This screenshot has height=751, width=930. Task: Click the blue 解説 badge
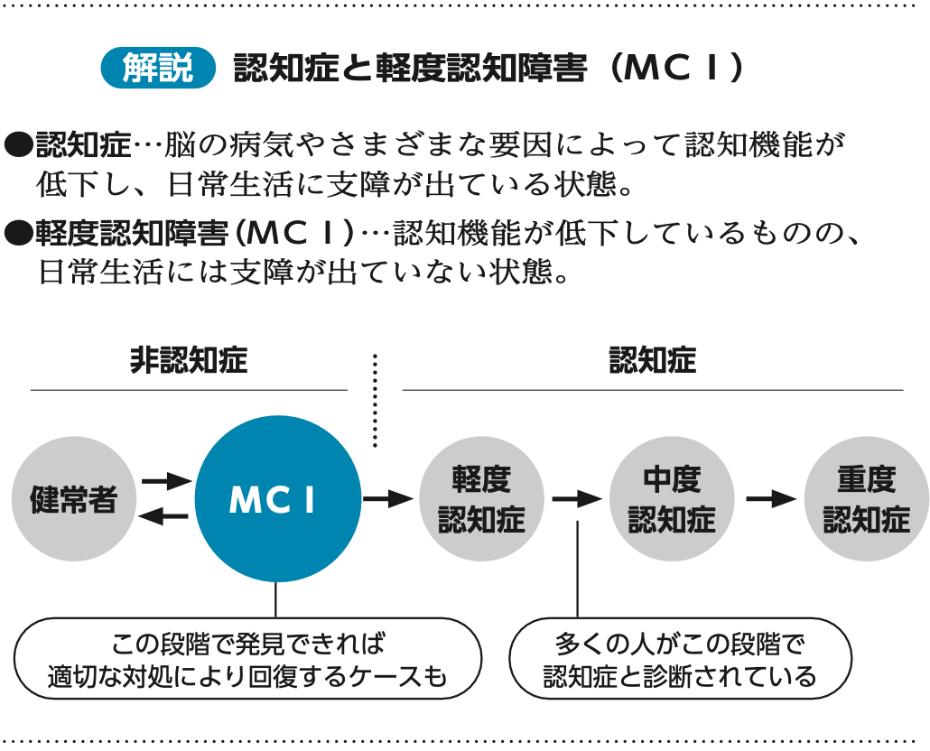tap(159, 69)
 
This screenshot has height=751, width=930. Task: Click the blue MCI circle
tap(276, 499)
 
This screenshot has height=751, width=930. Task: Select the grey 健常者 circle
tap(74, 499)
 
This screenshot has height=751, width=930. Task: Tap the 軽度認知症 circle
tap(481, 499)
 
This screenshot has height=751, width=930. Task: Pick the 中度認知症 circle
tap(672, 499)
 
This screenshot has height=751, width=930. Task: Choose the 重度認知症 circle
tap(866, 499)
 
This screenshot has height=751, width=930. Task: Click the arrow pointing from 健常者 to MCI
tap(166, 481)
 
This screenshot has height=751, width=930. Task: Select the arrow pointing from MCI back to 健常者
tap(166, 516)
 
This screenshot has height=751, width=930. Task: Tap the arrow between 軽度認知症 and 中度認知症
tap(577, 498)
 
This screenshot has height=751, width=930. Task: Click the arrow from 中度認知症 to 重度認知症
tap(769, 498)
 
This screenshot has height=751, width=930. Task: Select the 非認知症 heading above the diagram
tap(188, 362)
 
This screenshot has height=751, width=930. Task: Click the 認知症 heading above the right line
tap(652, 362)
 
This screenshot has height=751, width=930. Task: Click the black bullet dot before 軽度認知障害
tap(18, 233)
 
